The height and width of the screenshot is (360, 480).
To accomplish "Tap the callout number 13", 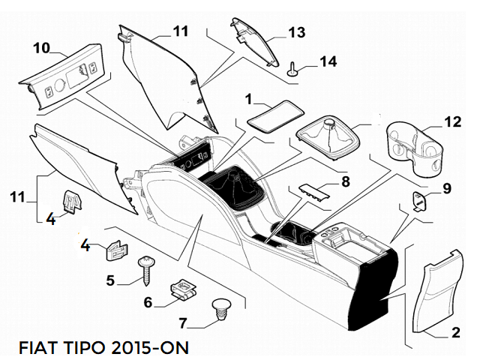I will click(x=298, y=32).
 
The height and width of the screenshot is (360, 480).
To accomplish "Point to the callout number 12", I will click(x=452, y=121).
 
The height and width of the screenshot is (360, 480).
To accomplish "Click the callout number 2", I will click(x=454, y=332).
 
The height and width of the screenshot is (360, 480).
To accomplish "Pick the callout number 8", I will click(x=345, y=181).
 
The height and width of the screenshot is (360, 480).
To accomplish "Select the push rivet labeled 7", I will click(x=221, y=308).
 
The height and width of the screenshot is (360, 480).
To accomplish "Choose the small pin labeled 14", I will click(x=292, y=72).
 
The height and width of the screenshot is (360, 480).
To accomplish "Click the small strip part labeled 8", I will click(x=312, y=190).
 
